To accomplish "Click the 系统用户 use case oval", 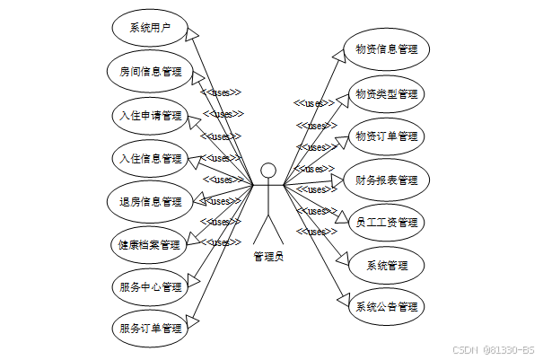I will pos(149,27).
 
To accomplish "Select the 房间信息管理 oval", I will pos(149,71).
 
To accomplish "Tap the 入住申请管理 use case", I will pos(149,115).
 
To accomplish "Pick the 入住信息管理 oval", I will pos(149,158).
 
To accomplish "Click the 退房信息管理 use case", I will pos(149,201).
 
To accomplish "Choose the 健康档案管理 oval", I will pos(149,244).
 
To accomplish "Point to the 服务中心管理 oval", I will pos(149,287).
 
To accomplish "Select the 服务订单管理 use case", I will pos(149,329).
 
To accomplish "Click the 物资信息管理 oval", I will pos(387,49).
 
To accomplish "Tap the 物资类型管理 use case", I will pos(387,93).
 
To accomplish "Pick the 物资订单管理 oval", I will pos(387,136).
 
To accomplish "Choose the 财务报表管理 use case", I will pos(387,180).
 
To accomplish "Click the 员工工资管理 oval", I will pos(387,223).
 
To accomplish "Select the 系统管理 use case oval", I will pos(387,266).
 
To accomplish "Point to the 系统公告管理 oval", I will pos(387,307).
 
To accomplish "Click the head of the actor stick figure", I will pos(267,171).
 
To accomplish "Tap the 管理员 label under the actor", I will pos(267,257).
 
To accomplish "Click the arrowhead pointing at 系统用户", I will pos(192,31).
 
